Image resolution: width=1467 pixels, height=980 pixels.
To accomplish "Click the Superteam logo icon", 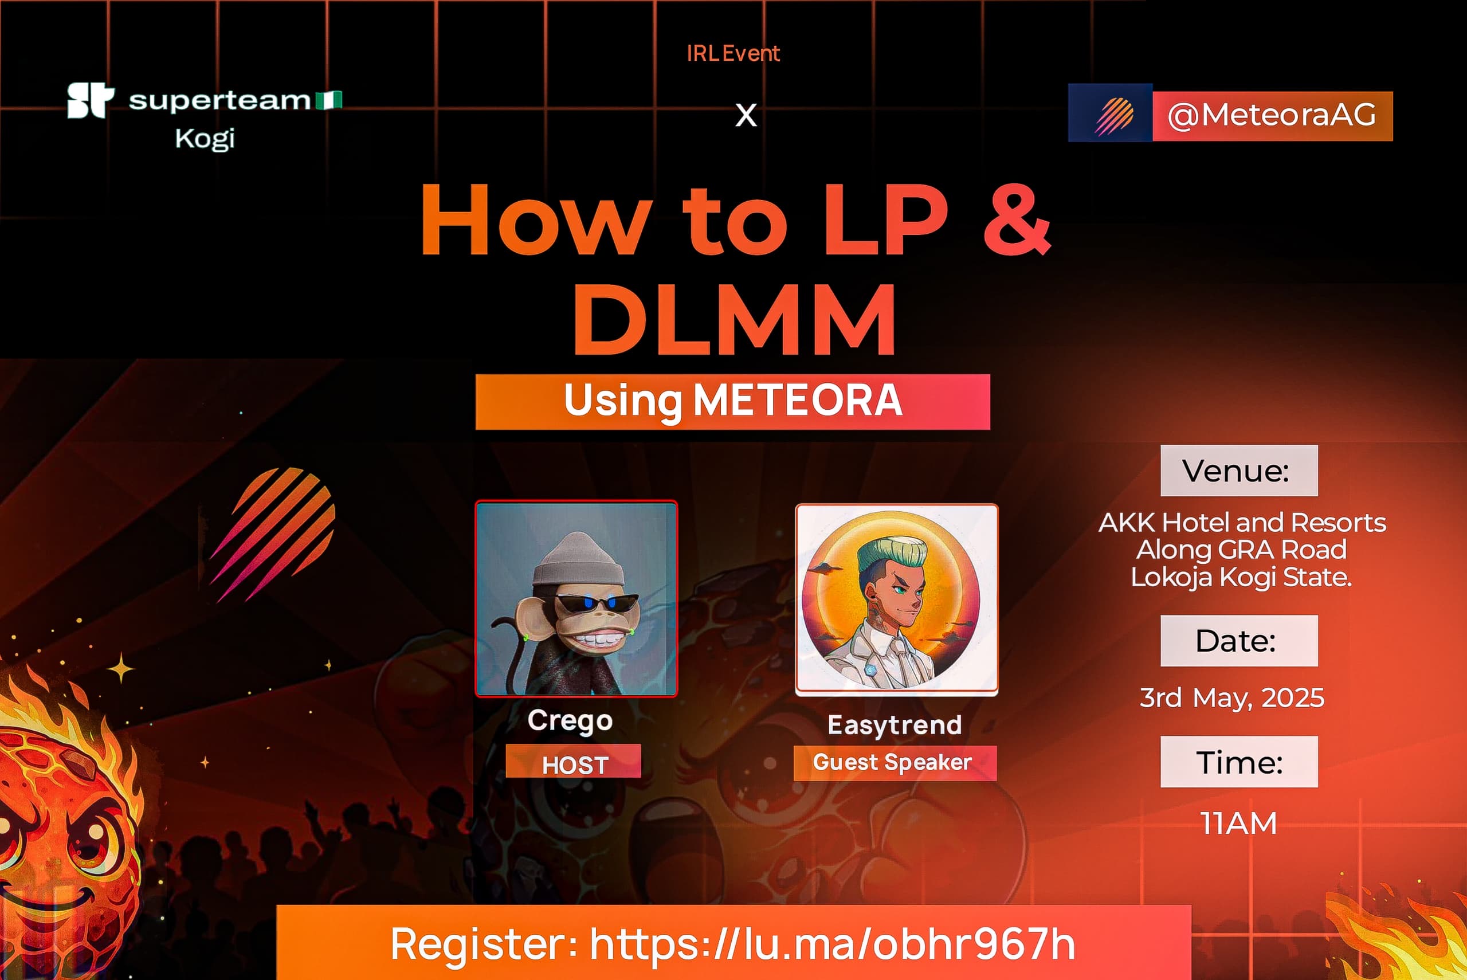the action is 91,100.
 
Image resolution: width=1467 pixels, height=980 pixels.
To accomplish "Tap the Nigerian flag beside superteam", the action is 328,100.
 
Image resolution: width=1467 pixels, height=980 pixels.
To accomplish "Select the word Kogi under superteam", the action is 205,138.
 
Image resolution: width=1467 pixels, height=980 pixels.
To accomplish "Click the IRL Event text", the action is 733,53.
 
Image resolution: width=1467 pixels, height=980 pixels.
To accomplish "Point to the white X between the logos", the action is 746,116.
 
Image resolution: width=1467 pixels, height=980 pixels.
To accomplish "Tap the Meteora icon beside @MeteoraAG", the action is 1110,113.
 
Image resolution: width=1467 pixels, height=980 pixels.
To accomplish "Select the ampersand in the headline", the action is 1017,218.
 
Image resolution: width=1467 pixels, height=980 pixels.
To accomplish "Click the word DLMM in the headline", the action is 735,319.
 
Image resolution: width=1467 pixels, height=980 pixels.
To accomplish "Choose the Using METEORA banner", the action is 733,402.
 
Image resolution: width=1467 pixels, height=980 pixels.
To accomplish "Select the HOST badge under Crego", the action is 574,761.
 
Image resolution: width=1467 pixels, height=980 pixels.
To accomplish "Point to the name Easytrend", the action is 895,725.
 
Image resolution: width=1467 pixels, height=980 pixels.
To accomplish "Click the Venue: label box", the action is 1239,471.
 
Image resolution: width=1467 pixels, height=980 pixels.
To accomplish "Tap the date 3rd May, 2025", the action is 1231,697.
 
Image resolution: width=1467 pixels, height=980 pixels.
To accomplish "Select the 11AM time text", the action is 1238,823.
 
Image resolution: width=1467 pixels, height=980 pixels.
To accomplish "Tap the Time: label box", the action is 1239,762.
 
